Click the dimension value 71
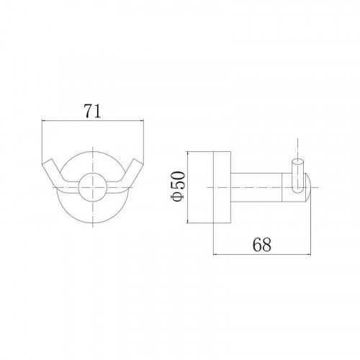click(92, 111)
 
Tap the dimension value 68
click(261, 244)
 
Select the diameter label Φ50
click(178, 186)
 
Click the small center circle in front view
click(92, 186)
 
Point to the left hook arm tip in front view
click(46, 161)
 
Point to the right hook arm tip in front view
click(138, 161)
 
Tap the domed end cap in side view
click(308, 186)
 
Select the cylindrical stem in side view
click(256, 186)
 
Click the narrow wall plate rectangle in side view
click(222, 187)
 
